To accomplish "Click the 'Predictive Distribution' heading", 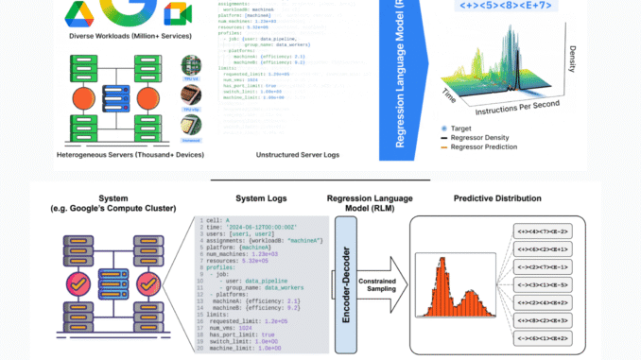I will pos(497,198).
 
